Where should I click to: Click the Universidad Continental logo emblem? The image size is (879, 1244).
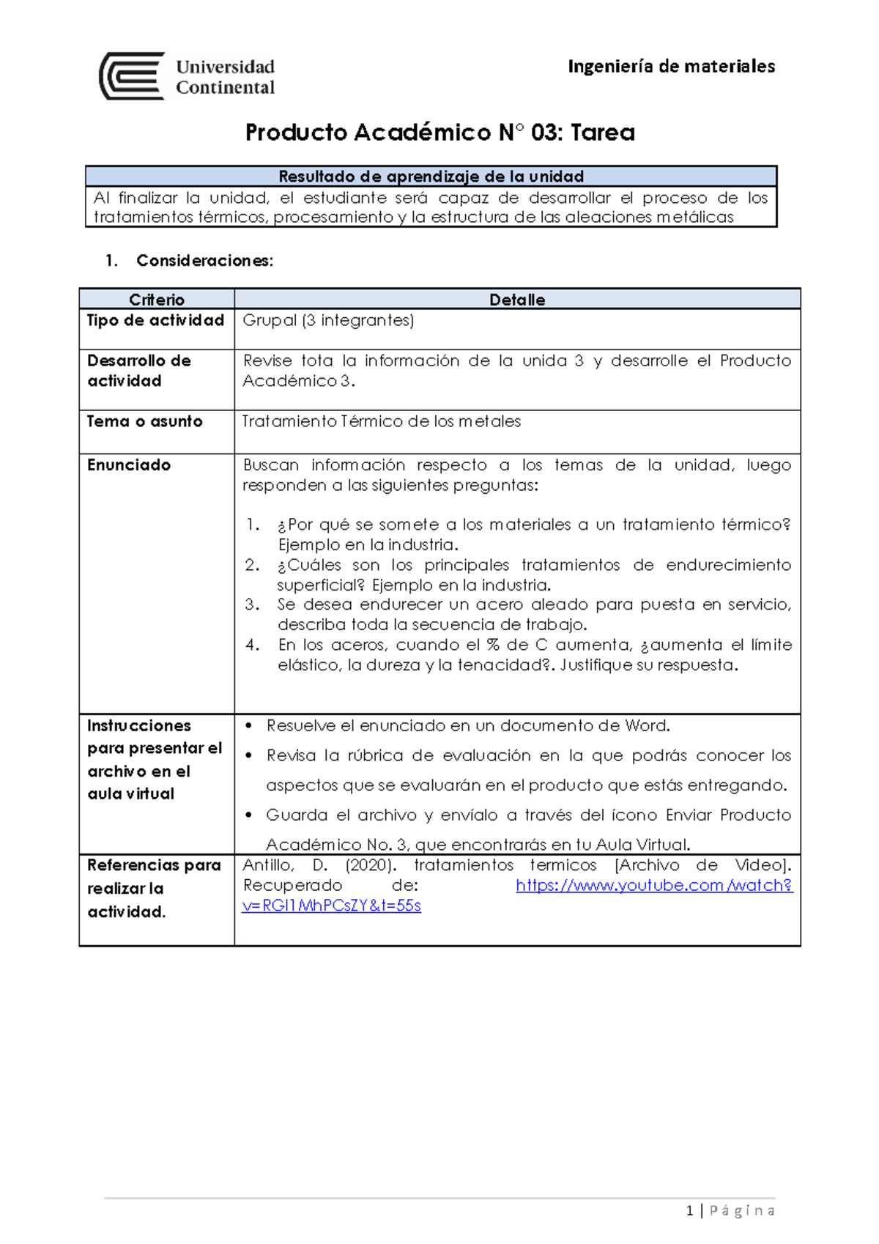(x=132, y=76)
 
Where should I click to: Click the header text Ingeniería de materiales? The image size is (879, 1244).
(x=671, y=67)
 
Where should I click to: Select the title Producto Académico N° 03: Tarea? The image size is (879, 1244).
(x=439, y=133)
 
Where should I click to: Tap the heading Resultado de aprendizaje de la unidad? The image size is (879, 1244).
(x=431, y=177)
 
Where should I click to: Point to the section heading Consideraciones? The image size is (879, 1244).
(x=204, y=261)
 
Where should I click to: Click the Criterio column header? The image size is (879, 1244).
(x=157, y=300)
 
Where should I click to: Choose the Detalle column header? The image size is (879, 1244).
(x=517, y=300)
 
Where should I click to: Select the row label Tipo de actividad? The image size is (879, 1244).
(x=155, y=320)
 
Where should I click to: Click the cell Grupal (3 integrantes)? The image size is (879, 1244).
(x=328, y=320)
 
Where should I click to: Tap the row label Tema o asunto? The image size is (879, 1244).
(x=144, y=421)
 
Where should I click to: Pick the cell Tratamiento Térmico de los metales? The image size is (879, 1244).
(x=382, y=421)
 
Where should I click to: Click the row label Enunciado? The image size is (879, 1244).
(x=129, y=465)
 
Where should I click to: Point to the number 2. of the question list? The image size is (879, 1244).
(x=252, y=565)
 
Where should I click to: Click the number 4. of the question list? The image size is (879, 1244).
(x=253, y=645)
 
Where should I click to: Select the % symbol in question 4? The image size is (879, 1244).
(x=493, y=645)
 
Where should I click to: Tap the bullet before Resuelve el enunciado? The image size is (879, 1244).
(x=249, y=726)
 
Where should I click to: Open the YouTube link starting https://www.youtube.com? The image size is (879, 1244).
(x=653, y=885)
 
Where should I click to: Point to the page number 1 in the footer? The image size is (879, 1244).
(x=689, y=1211)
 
